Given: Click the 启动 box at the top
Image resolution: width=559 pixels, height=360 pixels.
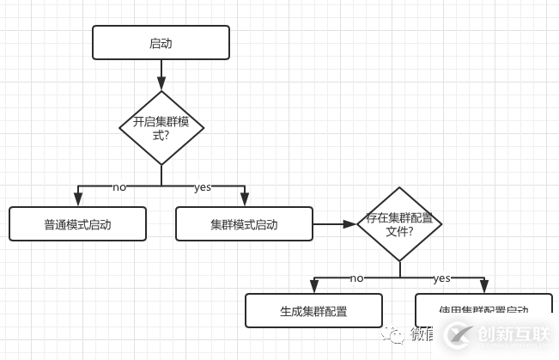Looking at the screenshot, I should pyautogui.click(x=161, y=42).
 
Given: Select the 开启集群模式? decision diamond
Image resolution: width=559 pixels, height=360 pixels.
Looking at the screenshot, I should pyautogui.click(x=161, y=128).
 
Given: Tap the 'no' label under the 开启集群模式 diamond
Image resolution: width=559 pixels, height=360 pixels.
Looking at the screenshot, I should pyautogui.click(x=119, y=186).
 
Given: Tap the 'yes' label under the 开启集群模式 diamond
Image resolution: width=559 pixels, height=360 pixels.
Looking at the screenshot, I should pyautogui.click(x=203, y=186).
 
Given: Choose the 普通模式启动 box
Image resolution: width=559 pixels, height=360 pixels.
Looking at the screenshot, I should pyautogui.click(x=77, y=224).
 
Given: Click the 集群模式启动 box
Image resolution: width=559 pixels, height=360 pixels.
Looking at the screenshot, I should pyautogui.click(x=244, y=224).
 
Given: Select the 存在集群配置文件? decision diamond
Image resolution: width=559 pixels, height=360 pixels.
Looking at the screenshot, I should pyautogui.click(x=399, y=224).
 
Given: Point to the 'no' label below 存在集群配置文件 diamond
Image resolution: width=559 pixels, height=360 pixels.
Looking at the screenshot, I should pyautogui.click(x=357, y=278).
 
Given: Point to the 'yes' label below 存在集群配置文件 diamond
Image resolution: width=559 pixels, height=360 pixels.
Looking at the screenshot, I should pyautogui.click(x=441, y=278).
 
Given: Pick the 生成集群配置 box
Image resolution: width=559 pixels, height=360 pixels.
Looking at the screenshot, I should pyautogui.click(x=313, y=311).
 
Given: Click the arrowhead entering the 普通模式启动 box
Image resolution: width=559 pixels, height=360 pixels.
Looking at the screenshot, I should pyautogui.click(x=77, y=202).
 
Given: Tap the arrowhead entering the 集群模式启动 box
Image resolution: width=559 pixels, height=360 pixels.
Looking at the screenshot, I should pyautogui.click(x=244, y=202).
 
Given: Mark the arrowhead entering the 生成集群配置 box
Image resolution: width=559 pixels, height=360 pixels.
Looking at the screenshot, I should pyautogui.click(x=313, y=289).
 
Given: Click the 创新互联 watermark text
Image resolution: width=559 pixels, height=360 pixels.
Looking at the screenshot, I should pyautogui.click(x=513, y=335).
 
